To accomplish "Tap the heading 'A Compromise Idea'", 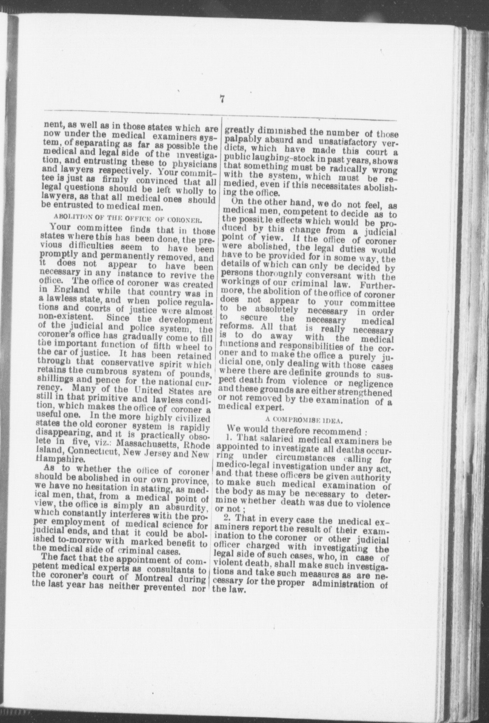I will pos(305,420).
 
